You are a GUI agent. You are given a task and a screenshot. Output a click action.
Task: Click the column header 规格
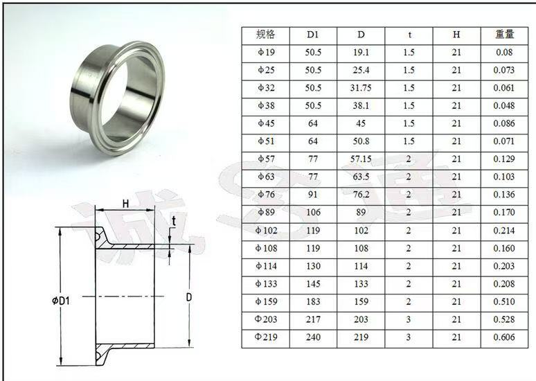click(265, 34)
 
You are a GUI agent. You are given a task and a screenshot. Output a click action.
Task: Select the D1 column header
click(313, 34)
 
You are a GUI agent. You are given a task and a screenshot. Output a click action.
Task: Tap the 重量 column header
click(504, 34)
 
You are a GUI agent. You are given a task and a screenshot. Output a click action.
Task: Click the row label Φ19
click(265, 52)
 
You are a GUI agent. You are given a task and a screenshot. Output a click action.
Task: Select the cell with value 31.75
click(361, 88)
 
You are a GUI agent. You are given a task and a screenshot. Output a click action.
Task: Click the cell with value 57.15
click(361, 159)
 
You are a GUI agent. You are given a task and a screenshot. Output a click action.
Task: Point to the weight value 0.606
click(504, 337)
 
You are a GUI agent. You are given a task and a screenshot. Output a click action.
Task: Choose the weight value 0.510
click(504, 302)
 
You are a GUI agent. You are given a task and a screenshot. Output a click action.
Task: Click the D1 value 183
click(313, 302)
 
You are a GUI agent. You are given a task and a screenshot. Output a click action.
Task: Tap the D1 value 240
click(313, 337)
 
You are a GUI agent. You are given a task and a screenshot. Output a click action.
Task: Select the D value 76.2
click(361, 195)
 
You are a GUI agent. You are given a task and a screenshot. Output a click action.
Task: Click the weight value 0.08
click(504, 52)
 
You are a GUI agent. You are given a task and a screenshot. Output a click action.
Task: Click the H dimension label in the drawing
click(125, 203)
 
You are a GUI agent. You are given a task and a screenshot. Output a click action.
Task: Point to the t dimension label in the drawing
click(174, 222)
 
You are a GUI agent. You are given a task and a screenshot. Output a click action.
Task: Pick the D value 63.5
click(361, 177)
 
